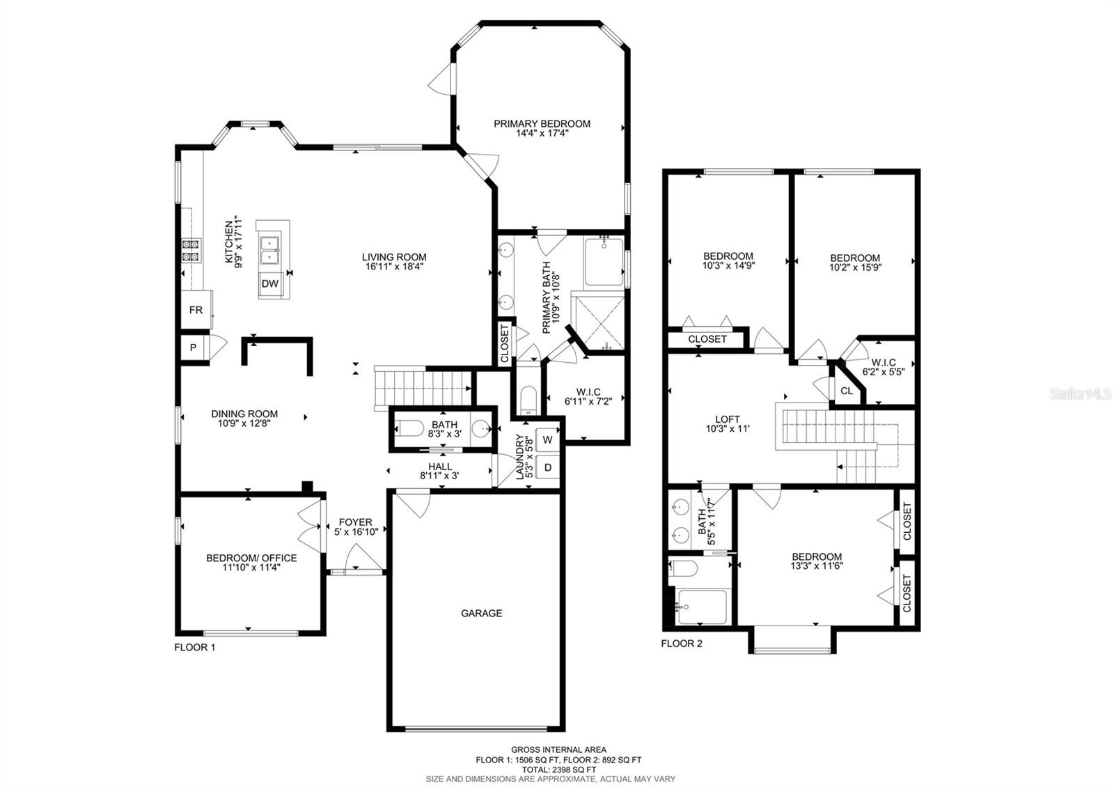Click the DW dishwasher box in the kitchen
pos(270,283)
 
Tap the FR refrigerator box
pos(196,309)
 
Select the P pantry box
pos(193,348)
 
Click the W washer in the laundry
pos(547,439)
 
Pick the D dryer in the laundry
pos(547,467)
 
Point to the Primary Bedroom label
pos(542,124)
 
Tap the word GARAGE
pos(481,614)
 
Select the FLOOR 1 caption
pos(194,647)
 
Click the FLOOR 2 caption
pos(682,644)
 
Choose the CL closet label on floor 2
pos(846,391)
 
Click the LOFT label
pos(728,419)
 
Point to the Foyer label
pos(355,522)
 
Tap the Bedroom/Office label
pos(251,558)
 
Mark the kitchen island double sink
pos(269,249)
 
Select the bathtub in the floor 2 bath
pos(702,606)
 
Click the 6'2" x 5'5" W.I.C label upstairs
pos(883,372)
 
